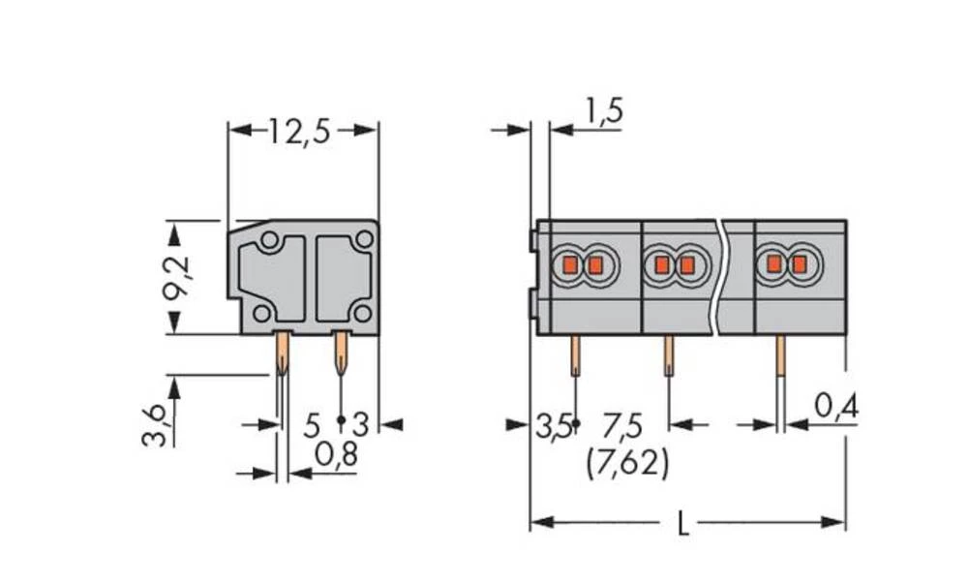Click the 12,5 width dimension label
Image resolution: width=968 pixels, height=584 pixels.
pos(299,131)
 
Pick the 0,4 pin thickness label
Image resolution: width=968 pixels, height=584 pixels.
pos(835,408)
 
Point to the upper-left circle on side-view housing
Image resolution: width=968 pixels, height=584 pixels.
pos(270,239)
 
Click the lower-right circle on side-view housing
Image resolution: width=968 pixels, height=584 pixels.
pos(362,312)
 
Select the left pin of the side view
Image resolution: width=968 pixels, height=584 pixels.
pos(282,353)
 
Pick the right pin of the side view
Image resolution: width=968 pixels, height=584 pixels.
pos(341,353)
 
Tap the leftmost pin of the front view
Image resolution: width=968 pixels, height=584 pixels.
pos(575,355)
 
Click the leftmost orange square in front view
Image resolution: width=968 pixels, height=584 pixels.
pos(570,264)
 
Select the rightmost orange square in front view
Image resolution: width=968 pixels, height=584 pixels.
pos(799,263)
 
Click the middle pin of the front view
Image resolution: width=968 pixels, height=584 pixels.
pos(668,355)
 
